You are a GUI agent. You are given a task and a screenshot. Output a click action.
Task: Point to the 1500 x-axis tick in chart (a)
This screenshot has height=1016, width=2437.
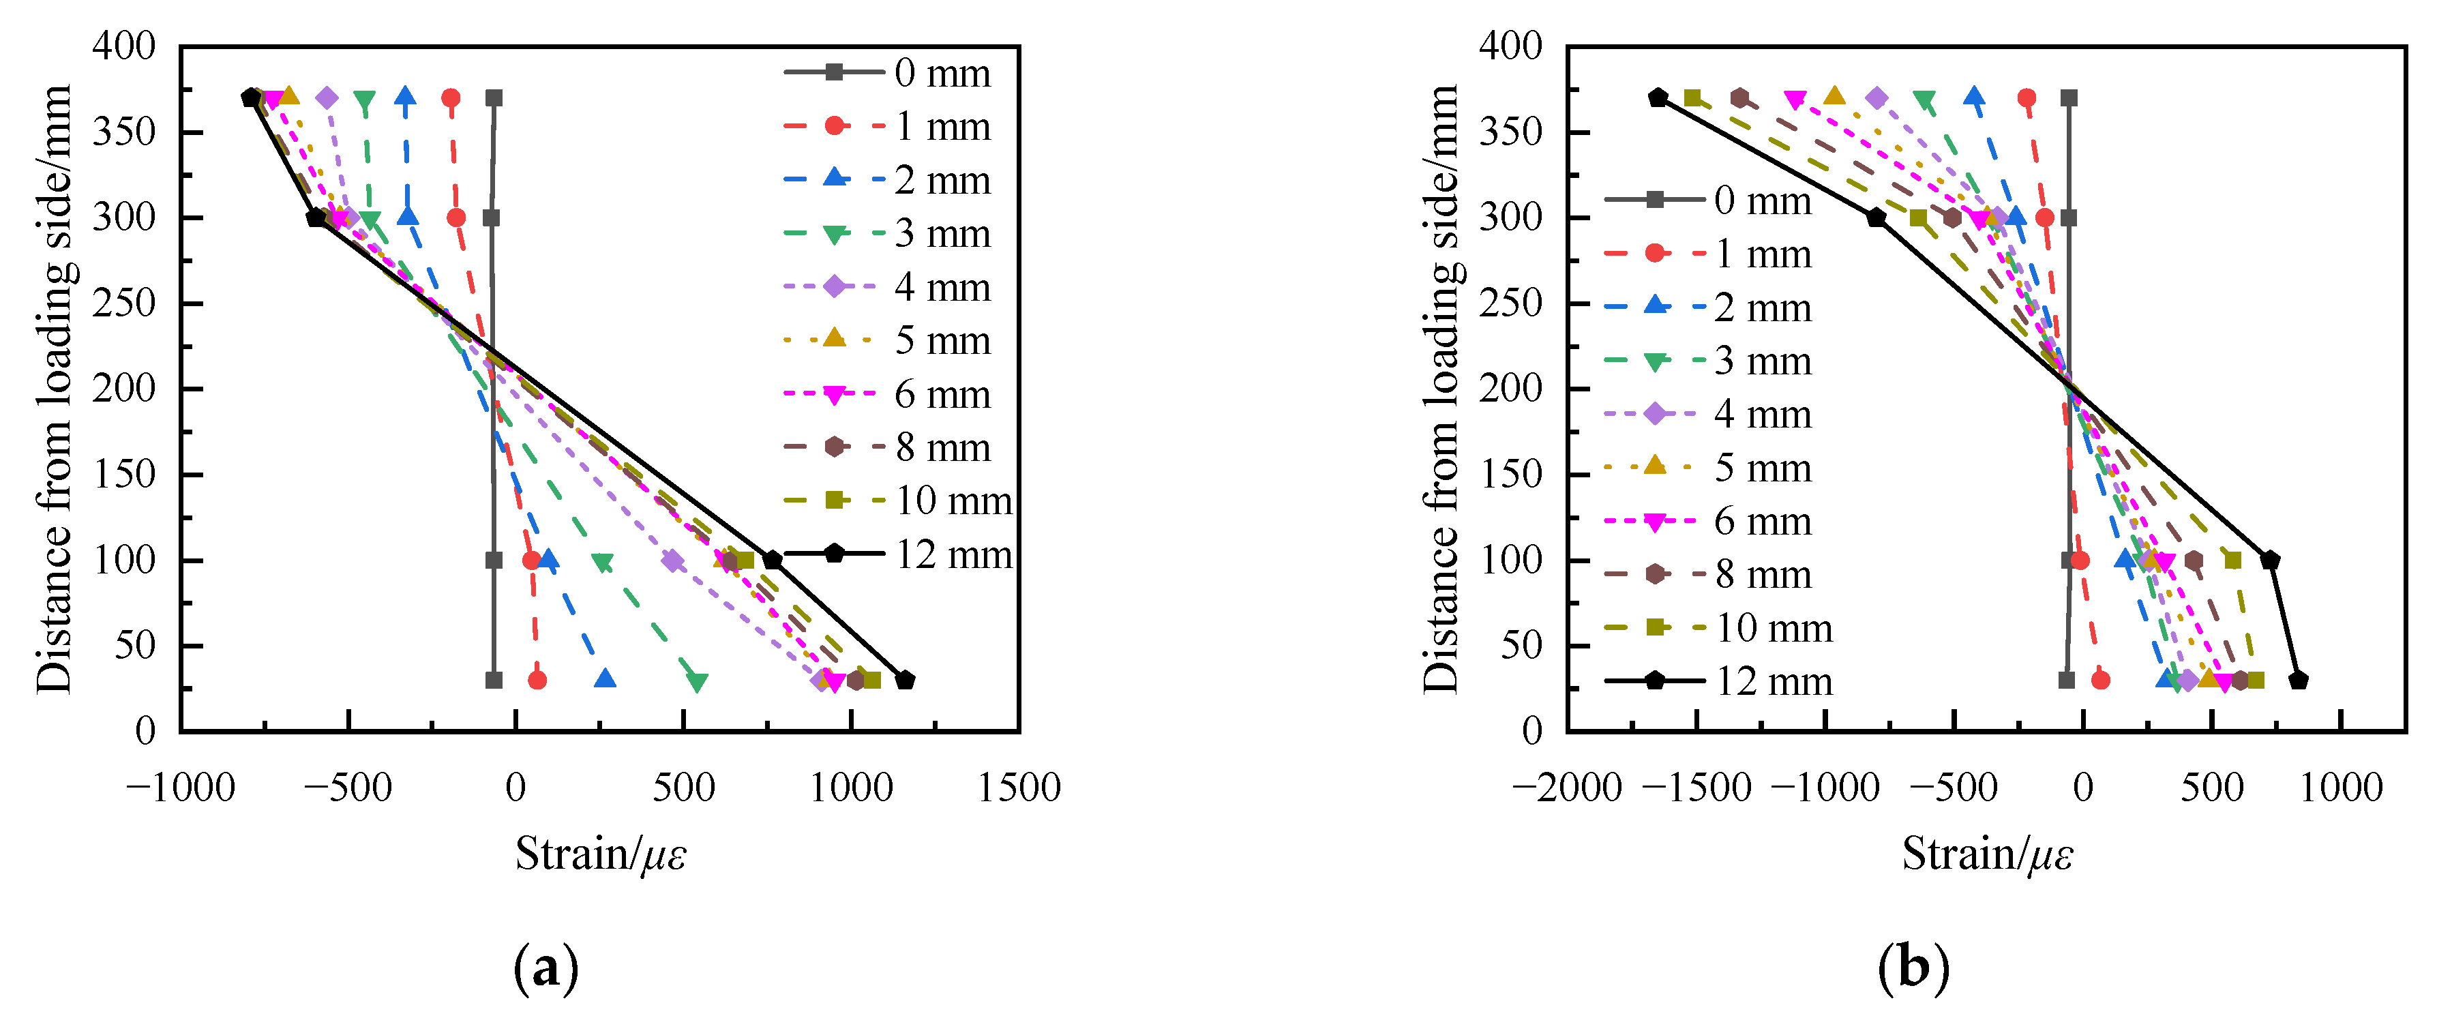pos(1019,787)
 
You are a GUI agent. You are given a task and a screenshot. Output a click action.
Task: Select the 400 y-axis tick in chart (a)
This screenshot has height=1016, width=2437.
pos(123,46)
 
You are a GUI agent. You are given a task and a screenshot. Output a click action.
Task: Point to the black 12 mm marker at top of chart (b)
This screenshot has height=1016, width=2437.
pos(1658,98)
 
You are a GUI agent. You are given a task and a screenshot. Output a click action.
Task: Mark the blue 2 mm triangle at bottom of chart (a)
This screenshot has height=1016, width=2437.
pos(605,679)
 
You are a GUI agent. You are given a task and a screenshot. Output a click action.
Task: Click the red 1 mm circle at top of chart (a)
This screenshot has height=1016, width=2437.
pos(451,98)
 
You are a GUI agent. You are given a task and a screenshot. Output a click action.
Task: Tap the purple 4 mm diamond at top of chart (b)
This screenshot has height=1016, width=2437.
pos(1878,98)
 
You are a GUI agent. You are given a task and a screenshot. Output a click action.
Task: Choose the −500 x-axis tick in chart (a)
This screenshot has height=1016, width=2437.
pos(348,787)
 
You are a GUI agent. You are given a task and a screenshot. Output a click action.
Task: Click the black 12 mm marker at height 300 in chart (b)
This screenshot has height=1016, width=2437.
pos(1876,218)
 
